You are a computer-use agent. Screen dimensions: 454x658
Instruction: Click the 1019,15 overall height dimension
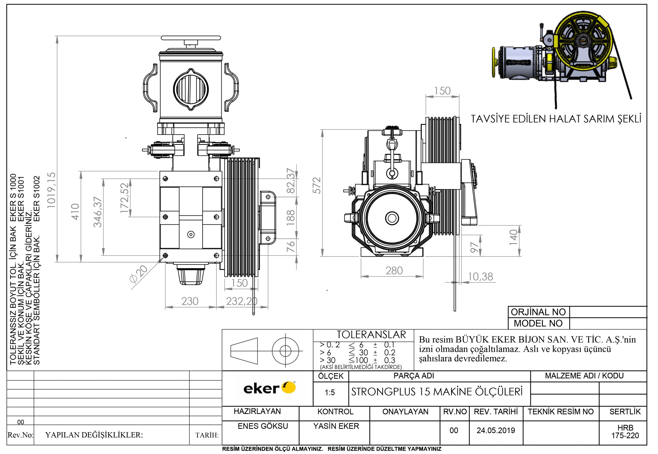(x=51, y=190)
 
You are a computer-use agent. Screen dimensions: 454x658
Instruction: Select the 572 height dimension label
(x=317, y=185)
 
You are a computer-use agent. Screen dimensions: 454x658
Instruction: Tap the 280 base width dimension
(x=394, y=270)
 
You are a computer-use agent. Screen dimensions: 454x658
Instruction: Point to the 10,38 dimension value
(x=480, y=277)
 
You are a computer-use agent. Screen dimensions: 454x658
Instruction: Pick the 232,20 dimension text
(x=242, y=301)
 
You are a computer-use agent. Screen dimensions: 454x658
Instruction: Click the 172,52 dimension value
(x=124, y=198)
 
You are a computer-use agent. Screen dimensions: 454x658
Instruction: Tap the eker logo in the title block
(x=269, y=389)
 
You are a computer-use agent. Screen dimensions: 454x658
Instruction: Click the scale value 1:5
(x=330, y=393)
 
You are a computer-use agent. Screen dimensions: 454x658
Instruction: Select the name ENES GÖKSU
(x=262, y=426)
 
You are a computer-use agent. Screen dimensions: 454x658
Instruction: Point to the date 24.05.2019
(x=496, y=430)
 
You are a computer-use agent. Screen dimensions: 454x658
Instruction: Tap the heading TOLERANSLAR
(x=371, y=335)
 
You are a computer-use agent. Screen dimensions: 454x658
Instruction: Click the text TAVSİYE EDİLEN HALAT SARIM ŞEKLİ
(x=556, y=119)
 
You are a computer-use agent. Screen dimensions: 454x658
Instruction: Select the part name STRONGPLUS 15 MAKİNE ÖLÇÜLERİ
(x=437, y=392)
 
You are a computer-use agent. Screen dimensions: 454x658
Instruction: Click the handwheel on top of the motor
(x=191, y=38)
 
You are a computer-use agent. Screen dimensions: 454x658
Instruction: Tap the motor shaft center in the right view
(x=392, y=219)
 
